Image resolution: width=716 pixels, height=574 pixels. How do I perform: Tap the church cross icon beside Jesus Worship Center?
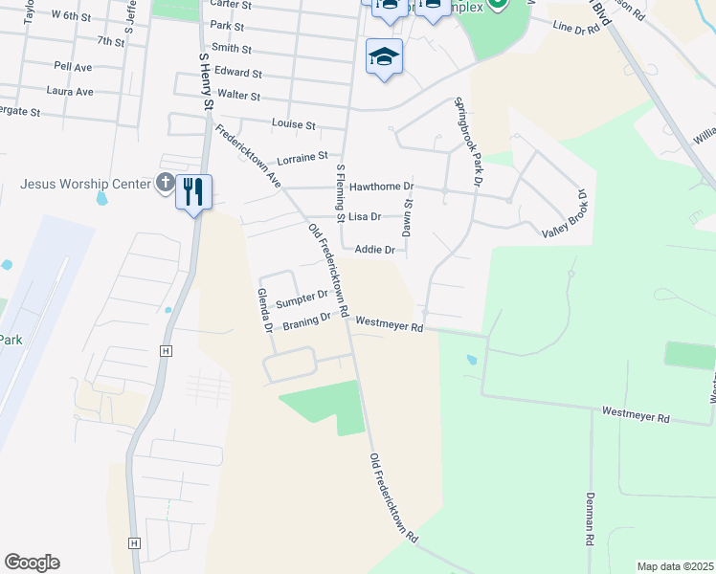(164, 183)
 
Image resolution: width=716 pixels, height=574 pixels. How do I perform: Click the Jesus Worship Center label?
(85, 183)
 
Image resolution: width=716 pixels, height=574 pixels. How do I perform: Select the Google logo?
(32, 562)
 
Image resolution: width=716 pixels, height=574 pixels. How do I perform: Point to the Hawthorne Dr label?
(381, 187)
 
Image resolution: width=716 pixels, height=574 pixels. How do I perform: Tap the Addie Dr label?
(374, 250)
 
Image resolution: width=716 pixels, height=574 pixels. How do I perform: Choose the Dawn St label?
(407, 217)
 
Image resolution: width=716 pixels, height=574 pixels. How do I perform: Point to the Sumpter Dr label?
(302, 301)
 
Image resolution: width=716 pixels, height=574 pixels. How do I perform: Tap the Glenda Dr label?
(261, 311)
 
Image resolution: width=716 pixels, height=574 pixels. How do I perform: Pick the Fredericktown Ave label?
(246, 156)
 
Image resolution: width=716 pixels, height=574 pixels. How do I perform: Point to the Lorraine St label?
(302, 155)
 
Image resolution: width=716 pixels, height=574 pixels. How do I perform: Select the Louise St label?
(293, 124)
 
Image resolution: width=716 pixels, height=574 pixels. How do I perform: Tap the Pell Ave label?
(74, 68)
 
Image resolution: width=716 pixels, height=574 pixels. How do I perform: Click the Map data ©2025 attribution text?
(675, 566)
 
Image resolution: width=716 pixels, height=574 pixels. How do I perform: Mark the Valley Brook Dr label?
(564, 221)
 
